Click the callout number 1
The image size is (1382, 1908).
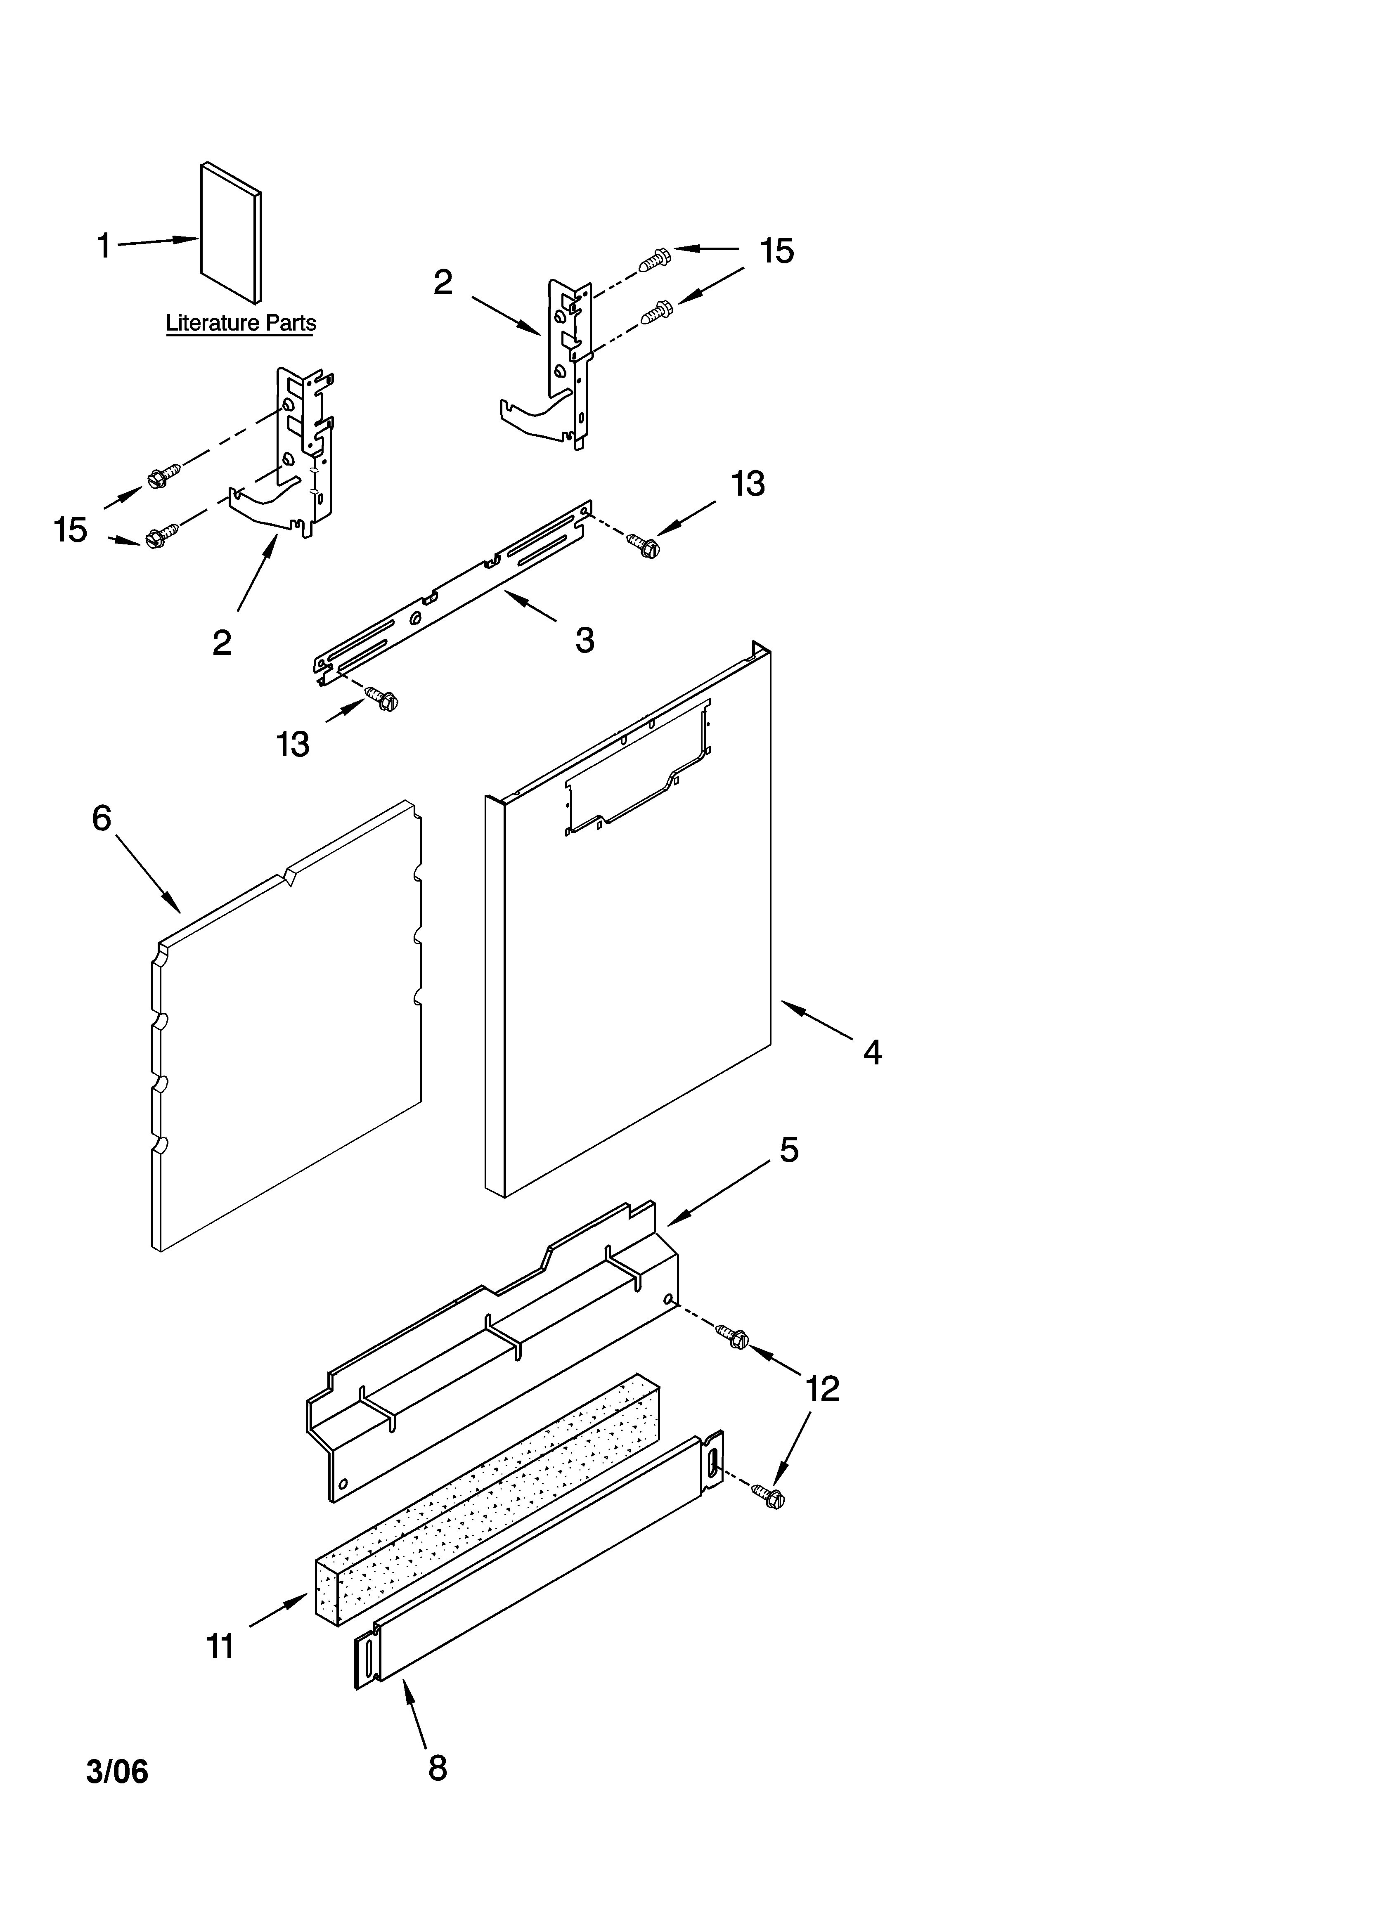(x=104, y=246)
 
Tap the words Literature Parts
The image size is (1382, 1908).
(x=241, y=323)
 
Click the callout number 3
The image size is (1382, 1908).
(x=584, y=640)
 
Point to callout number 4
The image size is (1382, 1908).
(x=872, y=1052)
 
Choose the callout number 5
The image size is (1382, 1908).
(x=789, y=1150)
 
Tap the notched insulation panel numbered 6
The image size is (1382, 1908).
(x=286, y=1035)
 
